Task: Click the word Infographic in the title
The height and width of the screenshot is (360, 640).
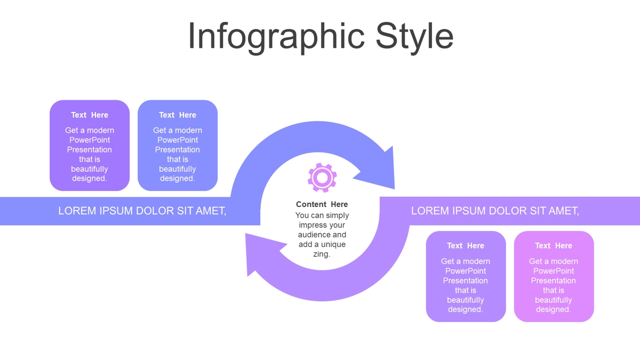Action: (x=276, y=37)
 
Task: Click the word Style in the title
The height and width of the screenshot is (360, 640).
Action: (x=414, y=37)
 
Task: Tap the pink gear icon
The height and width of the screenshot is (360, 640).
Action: (x=322, y=178)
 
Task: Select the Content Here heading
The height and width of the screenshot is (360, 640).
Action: (x=322, y=204)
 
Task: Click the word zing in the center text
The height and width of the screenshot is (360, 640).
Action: (x=321, y=254)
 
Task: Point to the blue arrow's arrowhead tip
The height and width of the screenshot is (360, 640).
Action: (x=395, y=189)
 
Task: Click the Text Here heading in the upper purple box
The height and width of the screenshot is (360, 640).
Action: (x=90, y=115)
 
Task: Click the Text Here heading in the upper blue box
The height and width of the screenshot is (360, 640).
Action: (x=178, y=115)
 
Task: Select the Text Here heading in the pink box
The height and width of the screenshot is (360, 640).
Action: (x=554, y=246)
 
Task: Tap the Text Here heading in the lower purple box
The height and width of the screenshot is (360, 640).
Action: (x=466, y=246)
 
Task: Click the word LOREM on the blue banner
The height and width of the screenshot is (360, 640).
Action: (x=77, y=211)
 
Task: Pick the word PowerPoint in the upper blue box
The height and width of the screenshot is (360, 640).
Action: (x=178, y=140)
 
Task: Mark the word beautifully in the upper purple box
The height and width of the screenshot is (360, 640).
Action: (x=90, y=169)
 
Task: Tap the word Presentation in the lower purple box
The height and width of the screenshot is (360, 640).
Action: (x=466, y=281)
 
